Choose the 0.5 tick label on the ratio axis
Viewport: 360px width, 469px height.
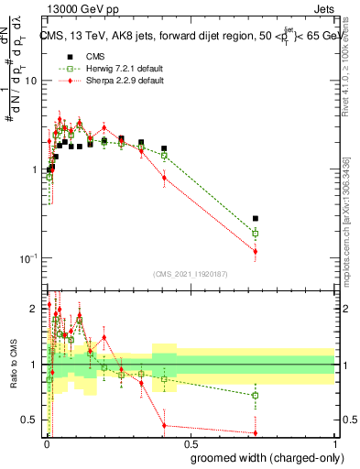coord(29,420)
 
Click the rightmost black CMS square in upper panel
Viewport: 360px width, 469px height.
coord(256,219)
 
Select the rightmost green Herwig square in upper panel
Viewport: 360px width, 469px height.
coord(256,234)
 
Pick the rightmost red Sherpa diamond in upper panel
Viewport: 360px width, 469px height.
coord(256,251)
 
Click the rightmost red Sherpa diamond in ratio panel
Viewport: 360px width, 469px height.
coord(256,432)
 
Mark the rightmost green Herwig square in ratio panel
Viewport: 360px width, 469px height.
coord(256,396)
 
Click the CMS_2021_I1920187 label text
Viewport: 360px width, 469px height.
coord(190,273)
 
